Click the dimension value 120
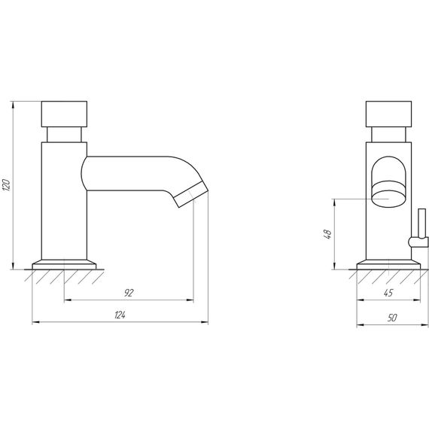click(6, 185)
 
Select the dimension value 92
click(129, 293)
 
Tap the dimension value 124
click(120, 315)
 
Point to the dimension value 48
click(327, 235)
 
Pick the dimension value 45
click(388, 293)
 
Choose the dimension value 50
click(392, 318)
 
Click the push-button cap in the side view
click(64, 114)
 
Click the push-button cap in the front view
click(388, 114)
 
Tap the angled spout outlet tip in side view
click(191, 194)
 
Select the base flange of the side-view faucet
click(64, 265)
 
